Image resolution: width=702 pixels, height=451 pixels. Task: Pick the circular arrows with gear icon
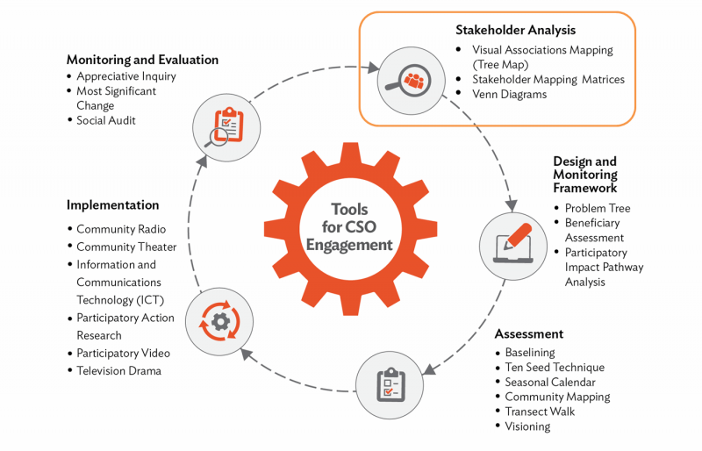coord(219,322)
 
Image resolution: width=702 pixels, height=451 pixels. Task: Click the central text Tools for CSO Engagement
coord(349,226)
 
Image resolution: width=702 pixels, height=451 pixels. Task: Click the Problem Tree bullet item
coord(597,208)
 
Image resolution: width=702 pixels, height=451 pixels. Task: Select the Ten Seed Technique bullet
coord(555,368)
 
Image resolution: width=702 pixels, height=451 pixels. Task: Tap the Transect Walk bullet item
coord(540,412)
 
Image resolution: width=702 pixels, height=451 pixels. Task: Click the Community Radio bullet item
coord(120,229)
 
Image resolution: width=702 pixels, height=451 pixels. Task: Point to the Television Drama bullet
coord(118,370)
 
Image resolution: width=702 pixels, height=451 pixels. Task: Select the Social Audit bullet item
coord(105,120)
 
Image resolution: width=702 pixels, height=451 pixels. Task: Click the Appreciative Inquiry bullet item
coord(125,76)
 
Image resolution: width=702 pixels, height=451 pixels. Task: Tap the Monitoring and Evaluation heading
coord(142,60)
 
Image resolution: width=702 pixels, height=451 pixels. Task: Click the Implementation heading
coord(112,204)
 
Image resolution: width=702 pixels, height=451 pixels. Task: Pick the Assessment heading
coord(528,334)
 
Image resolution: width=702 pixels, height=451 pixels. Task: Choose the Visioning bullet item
coord(527,426)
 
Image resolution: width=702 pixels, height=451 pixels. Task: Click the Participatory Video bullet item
coord(123,353)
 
